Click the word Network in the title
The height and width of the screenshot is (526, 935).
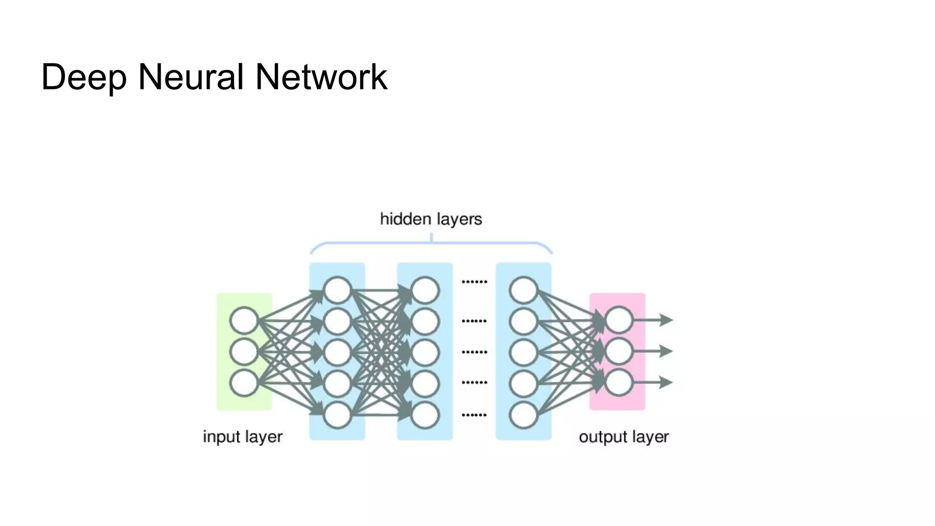(321, 77)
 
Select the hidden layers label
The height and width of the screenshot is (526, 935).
(431, 219)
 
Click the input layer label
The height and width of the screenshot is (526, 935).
(242, 437)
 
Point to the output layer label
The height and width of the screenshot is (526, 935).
(624, 437)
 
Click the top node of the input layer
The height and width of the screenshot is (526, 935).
(244, 321)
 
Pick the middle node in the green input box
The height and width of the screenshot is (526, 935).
(244, 352)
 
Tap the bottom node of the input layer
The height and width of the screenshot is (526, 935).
(244, 383)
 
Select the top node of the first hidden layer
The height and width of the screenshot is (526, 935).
(337, 290)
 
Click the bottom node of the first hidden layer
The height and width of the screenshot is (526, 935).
(337, 415)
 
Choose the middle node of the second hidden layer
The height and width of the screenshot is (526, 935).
(425, 352)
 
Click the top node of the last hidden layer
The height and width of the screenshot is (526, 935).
(523, 290)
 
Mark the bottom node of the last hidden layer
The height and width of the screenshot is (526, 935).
(523, 415)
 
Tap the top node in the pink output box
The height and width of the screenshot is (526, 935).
(619, 320)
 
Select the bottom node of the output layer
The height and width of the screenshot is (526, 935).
(619, 382)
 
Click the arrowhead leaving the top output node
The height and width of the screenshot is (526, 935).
(667, 320)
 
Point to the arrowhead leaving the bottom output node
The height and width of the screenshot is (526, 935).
(667, 382)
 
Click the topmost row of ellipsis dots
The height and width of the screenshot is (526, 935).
(474, 282)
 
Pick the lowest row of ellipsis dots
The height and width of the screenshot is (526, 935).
(474, 415)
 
